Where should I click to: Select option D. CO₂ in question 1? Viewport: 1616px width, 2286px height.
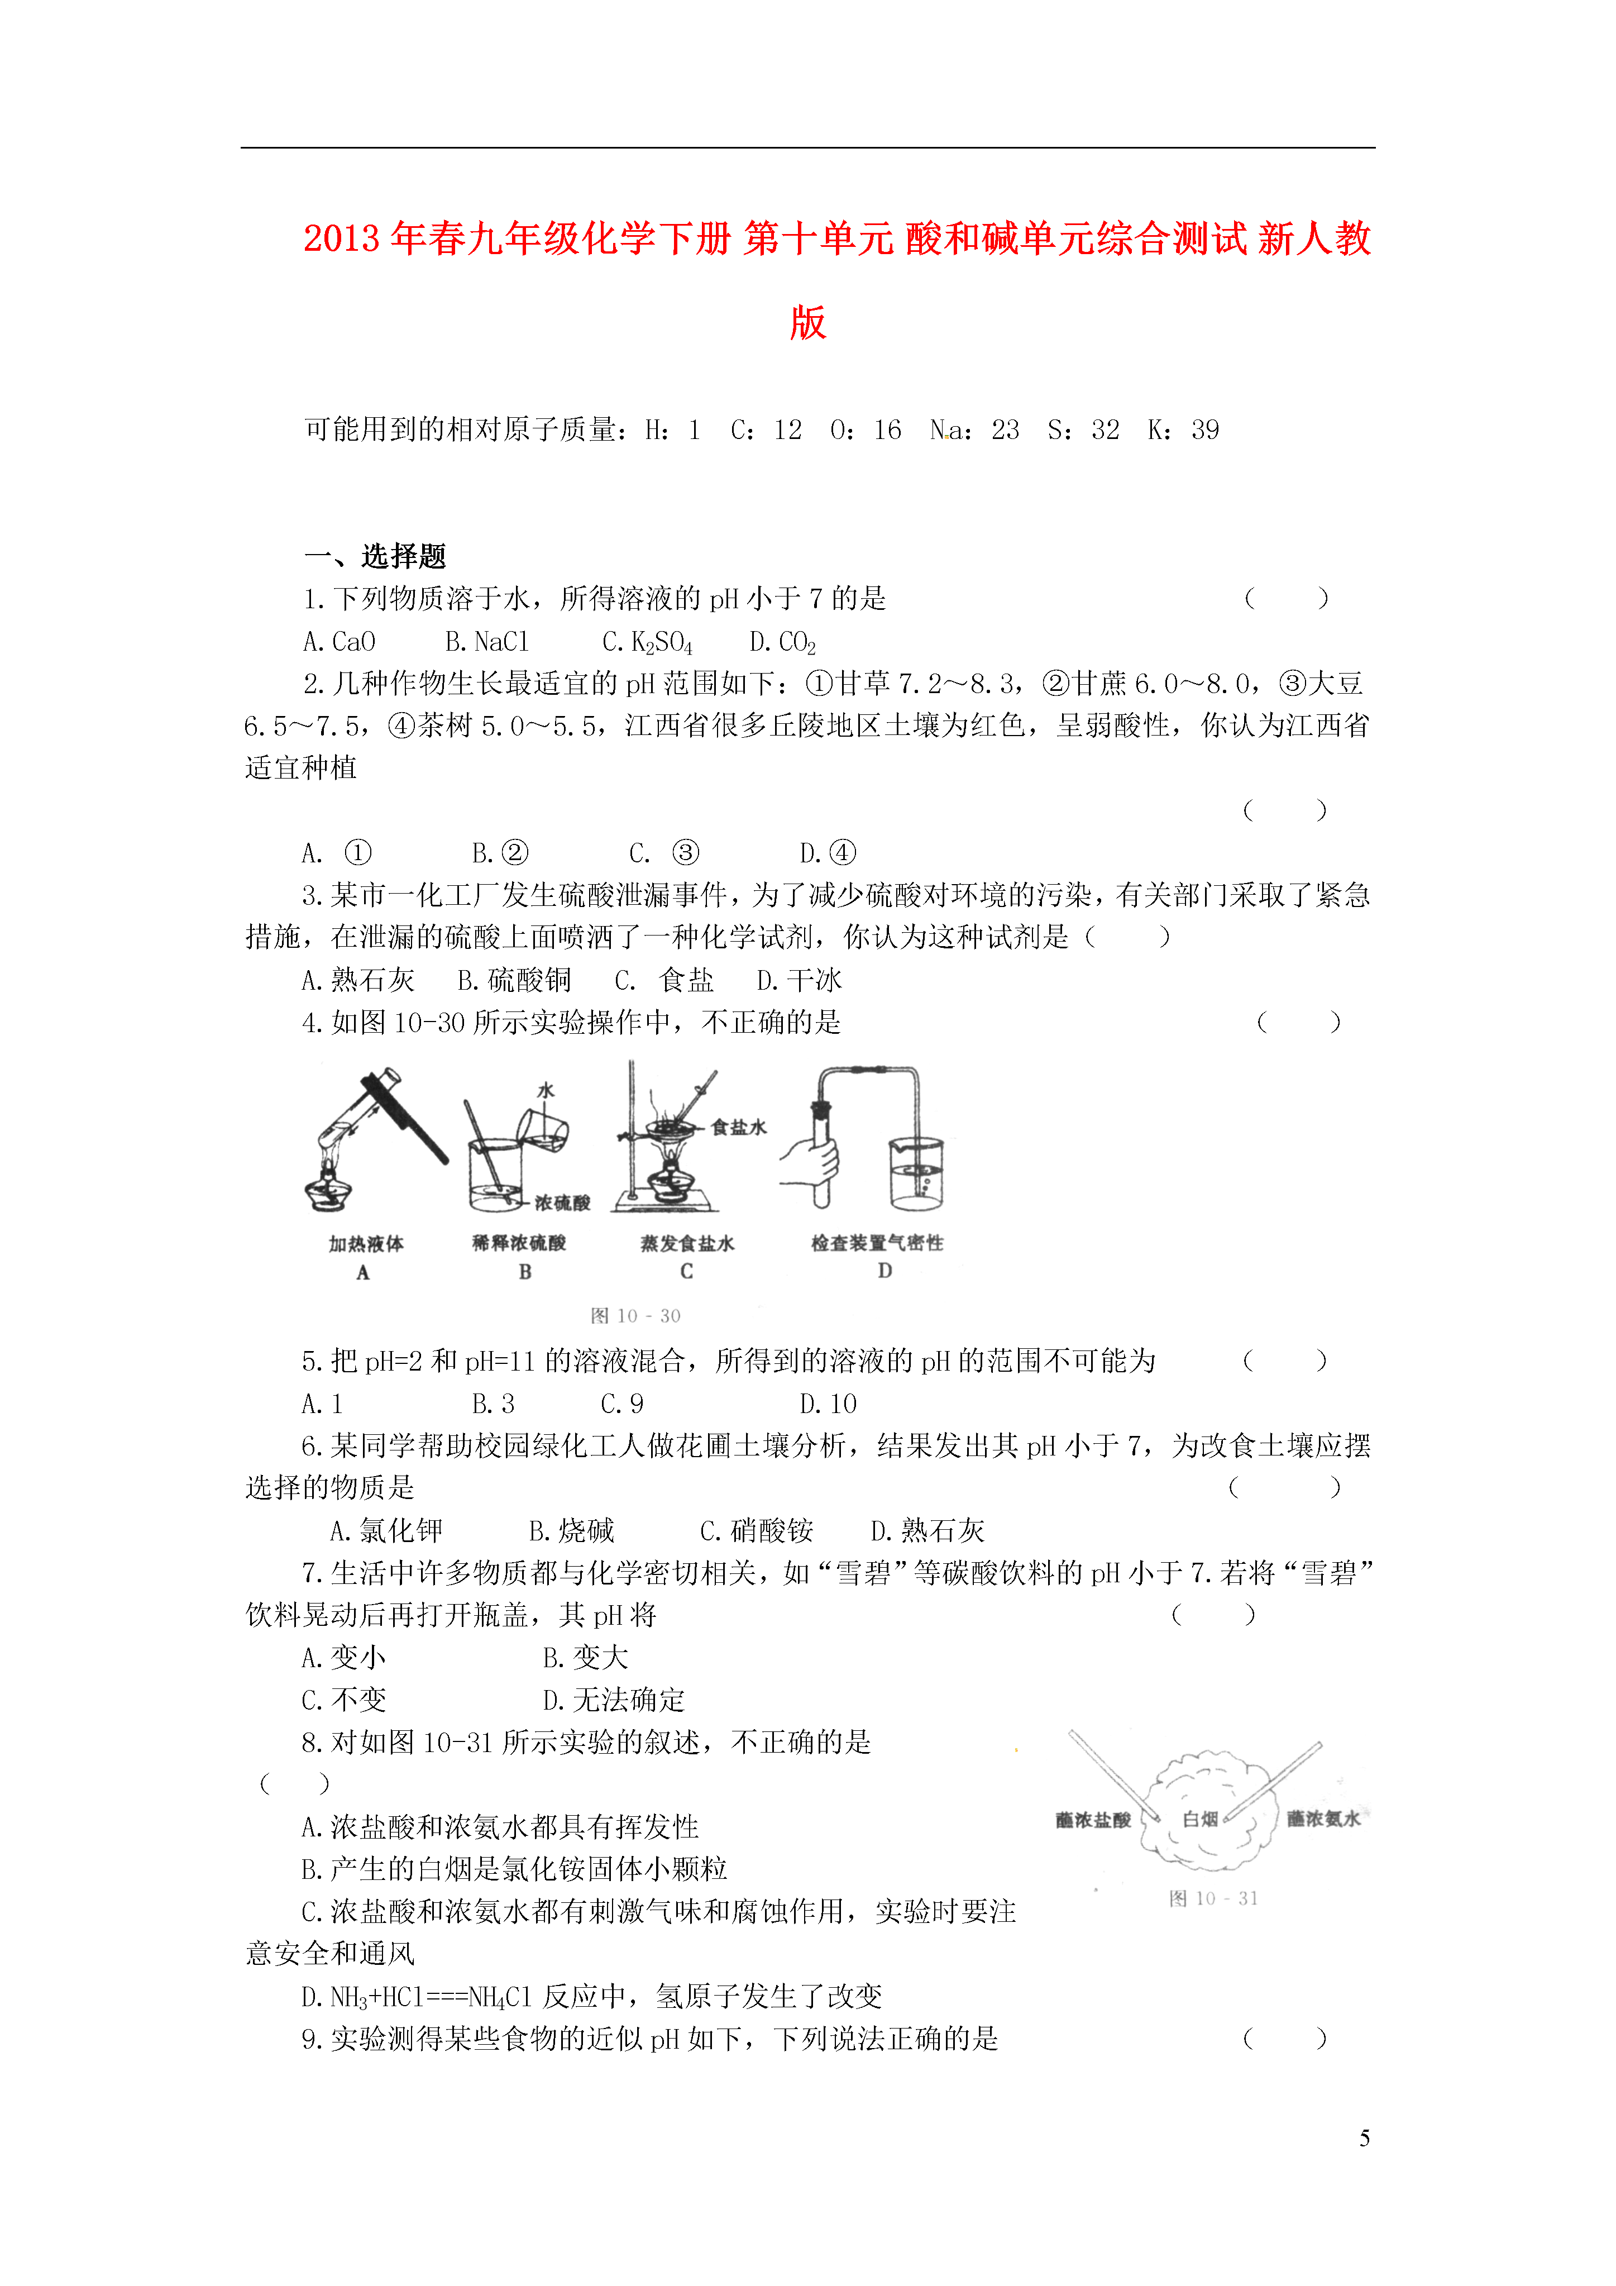pos(783,642)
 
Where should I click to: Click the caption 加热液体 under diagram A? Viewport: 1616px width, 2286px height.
pos(365,1244)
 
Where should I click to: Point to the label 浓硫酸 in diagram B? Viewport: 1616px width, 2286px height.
pos(562,1202)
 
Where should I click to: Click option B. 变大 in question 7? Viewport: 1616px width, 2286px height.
pos(585,1658)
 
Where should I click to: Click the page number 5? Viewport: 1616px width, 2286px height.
pos(1364,2137)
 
